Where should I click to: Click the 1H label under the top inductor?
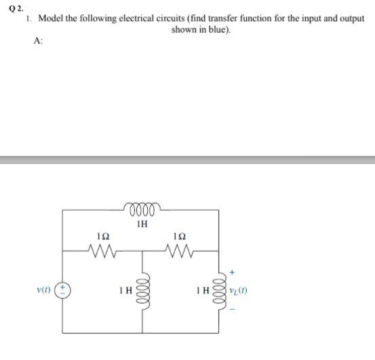[142, 222]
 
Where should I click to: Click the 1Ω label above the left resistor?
[103, 237]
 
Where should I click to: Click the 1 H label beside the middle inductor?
[125, 292]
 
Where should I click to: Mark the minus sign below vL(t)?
[233, 311]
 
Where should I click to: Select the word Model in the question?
[51, 19]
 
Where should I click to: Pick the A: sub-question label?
[37, 41]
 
